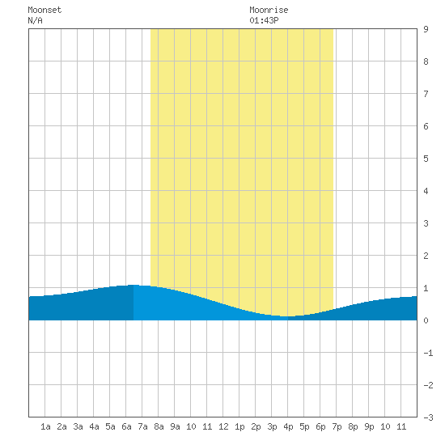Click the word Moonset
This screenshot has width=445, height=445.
(x=44, y=10)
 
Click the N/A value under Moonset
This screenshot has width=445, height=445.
(x=35, y=20)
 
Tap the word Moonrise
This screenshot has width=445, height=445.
(x=269, y=10)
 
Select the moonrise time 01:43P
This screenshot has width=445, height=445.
(x=264, y=20)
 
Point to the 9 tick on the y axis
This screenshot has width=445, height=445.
(x=426, y=29)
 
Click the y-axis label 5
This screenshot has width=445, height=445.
(x=426, y=159)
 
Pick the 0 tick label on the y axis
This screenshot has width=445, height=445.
(x=426, y=320)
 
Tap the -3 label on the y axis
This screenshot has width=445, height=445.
(x=428, y=417)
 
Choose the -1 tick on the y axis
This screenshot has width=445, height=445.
(x=428, y=353)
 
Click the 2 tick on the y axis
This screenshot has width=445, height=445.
(x=426, y=256)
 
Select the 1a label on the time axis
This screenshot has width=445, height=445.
(x=45, y=426)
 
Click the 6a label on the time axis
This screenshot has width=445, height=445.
(x=126, y=426)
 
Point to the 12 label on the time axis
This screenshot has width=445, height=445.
(x=223, y=426)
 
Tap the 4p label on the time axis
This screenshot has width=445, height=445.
(x=288, y=426)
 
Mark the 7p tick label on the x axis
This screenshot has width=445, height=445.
(x=337, y=426)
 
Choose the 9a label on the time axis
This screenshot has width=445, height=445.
(x=175, y=426)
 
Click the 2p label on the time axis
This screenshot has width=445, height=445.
(x=256, y=426)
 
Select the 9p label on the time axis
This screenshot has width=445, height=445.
(x=369, y=426)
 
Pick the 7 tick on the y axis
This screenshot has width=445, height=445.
(x=426, y=94)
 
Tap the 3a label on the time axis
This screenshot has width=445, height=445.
(x=78, y=426)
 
